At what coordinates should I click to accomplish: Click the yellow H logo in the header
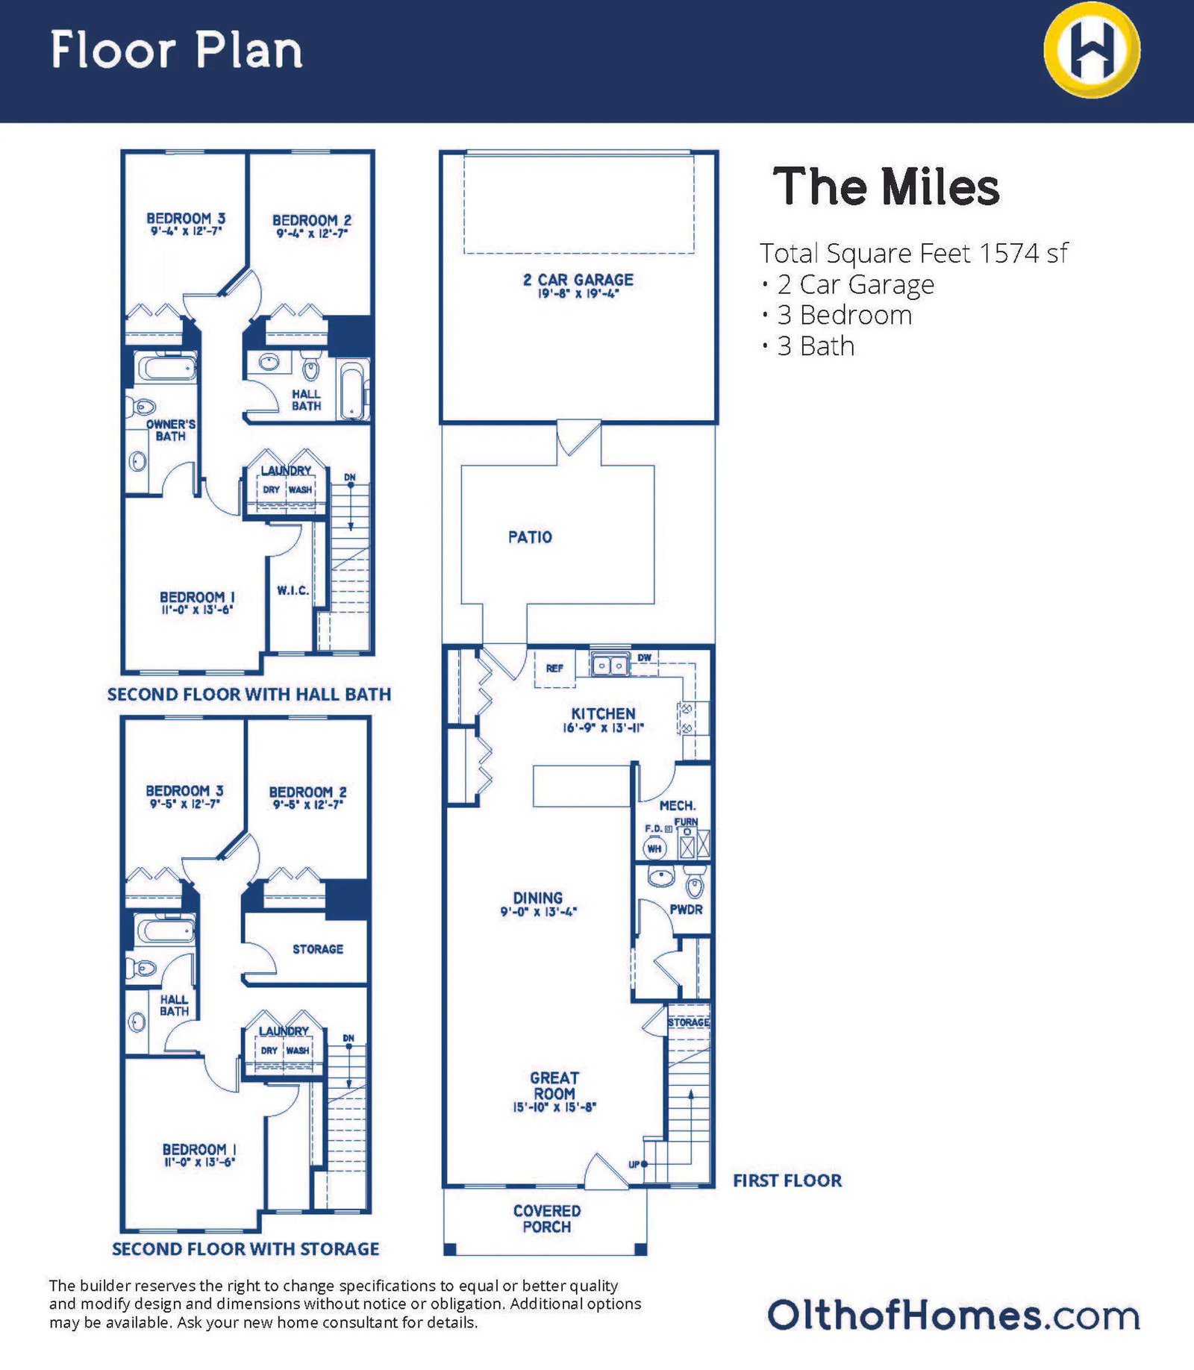point(1091,50)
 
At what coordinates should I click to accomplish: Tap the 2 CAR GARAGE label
point(578,280)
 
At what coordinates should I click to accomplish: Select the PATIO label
point(530,537)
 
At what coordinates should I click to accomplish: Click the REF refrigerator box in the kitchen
point(554,669)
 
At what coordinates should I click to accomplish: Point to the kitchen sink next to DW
point(610,665)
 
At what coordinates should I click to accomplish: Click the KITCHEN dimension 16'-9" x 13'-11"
point(603,728)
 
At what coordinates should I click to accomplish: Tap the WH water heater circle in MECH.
point(654,848)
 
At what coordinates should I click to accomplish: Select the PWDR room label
point(686,910)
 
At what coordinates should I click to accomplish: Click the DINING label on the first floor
point(538,898)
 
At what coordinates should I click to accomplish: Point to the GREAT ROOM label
point(554,1086)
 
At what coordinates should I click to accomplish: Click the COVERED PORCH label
point(546,1219)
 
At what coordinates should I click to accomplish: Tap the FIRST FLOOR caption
point(787,1180)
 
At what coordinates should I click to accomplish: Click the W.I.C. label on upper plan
point(293,590)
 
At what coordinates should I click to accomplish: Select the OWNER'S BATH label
point(171,430)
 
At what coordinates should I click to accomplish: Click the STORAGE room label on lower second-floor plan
point(318,949)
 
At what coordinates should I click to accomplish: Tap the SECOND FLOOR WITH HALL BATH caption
point(249,695)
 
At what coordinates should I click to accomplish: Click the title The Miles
point(886,187)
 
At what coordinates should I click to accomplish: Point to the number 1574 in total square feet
point(1009,254)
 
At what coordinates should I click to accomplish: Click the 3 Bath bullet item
point(815,346)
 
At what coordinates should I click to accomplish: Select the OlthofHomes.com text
point(953,1316)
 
